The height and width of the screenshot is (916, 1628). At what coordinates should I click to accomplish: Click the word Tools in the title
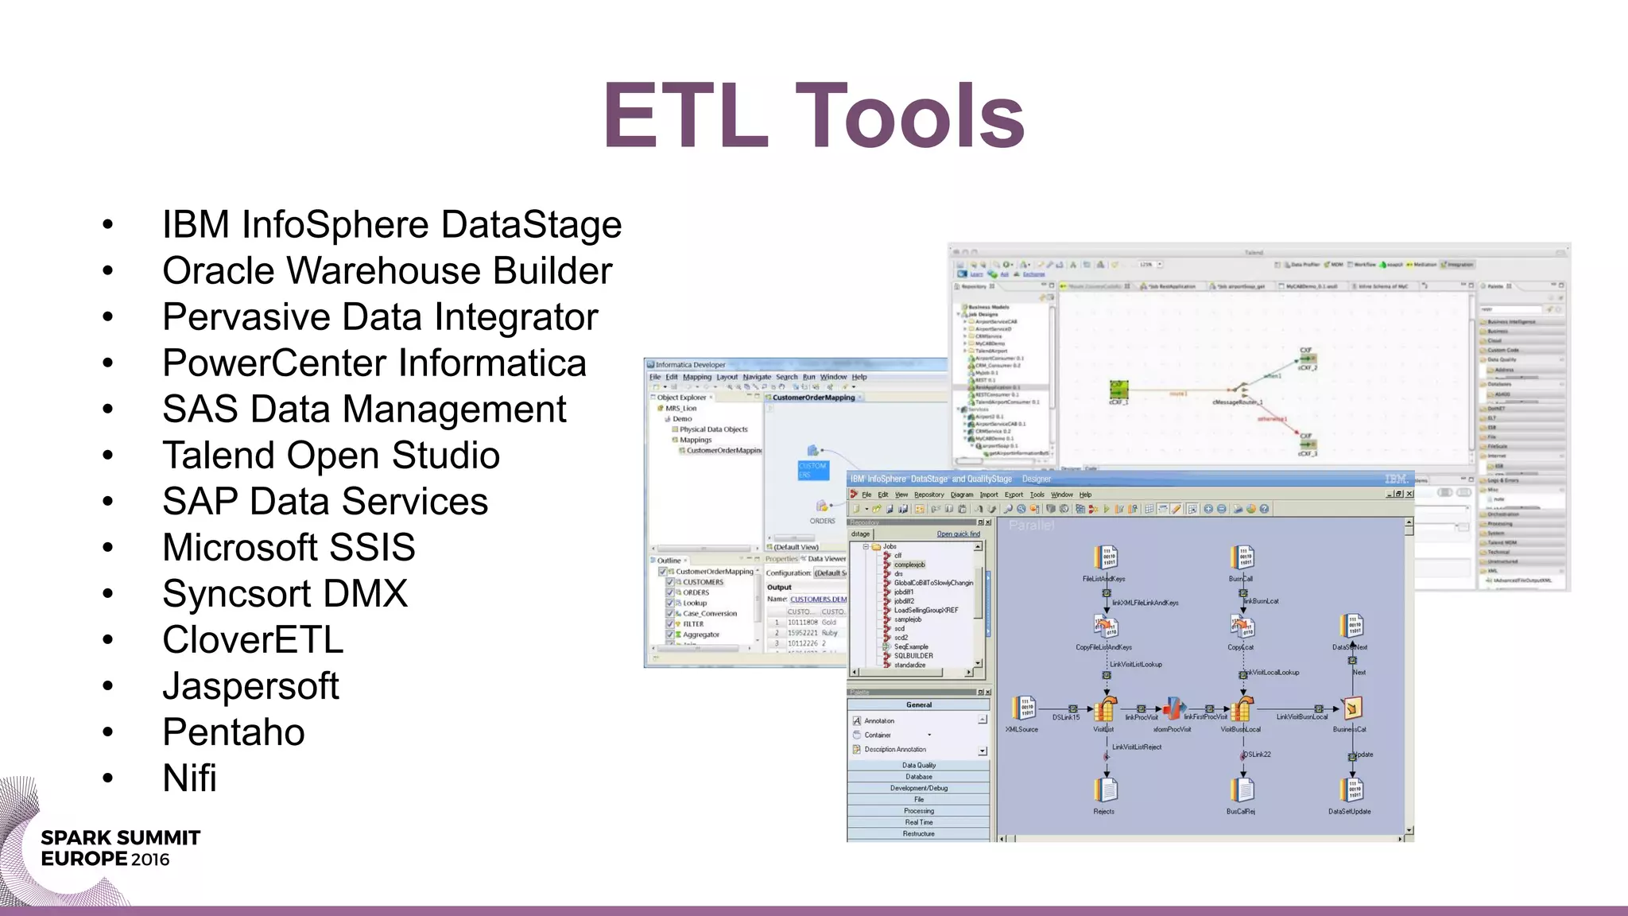(909, 116)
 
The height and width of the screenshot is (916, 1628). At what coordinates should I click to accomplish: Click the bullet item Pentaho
(233, 732)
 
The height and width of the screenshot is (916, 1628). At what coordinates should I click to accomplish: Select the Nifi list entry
(189, 778)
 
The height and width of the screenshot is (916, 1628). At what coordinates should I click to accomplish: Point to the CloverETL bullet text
(253, 640)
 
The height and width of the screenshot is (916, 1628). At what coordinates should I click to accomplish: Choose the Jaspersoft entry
(250, 686)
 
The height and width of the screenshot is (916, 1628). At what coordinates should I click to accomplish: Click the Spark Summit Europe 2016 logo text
(119, 848)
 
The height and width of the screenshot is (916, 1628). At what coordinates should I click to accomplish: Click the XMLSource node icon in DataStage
(1023, 708)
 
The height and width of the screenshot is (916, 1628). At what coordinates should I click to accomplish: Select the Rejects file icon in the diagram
(1105, 790)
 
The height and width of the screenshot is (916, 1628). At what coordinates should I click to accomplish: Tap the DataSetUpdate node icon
(1351, 790)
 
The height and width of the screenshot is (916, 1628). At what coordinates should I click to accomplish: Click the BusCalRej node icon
(1242, 790)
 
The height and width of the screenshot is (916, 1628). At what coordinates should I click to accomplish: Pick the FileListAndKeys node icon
(1106, 557)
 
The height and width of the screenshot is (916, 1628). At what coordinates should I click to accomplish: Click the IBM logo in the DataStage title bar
(1396, 479)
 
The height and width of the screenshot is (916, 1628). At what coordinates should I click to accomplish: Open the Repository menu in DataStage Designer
(928, 495)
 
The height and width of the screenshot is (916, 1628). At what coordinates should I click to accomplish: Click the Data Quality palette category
(919, 765)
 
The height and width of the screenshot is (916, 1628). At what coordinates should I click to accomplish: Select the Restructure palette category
(919, 833)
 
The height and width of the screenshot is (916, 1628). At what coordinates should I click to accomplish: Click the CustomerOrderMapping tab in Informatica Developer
(813, 398)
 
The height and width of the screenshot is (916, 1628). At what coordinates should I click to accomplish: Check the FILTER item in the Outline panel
(670, 624)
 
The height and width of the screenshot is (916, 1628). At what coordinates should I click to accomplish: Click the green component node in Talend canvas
(1119, 389)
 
